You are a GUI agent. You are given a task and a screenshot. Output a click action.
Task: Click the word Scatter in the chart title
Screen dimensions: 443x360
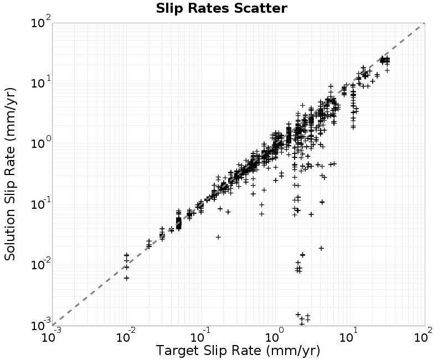tap(260, 8)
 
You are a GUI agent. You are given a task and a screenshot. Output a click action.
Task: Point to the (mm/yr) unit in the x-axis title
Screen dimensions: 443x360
tap(293, 351)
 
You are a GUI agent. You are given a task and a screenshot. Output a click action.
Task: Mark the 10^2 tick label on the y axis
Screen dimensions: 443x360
tap(41, 22)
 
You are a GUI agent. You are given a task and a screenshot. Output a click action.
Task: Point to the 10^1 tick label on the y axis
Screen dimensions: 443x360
tap(41, 82)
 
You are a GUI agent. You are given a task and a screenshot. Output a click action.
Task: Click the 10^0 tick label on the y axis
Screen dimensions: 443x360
tap(41, 143)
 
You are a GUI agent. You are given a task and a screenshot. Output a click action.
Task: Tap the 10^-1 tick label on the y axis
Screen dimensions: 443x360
tap(41, 203)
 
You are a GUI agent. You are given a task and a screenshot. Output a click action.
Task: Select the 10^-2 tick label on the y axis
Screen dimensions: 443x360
tap(41, 264)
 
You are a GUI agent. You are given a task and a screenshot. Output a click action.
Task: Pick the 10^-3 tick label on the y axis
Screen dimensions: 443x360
tap(41, 325)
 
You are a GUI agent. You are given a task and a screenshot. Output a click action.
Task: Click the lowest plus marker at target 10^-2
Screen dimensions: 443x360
tap(127, 278)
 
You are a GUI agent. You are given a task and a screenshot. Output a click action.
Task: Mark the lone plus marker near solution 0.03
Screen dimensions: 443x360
tap(218, 237)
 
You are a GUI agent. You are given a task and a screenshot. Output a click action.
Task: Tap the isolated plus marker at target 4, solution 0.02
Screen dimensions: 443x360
tap(321, 248)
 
